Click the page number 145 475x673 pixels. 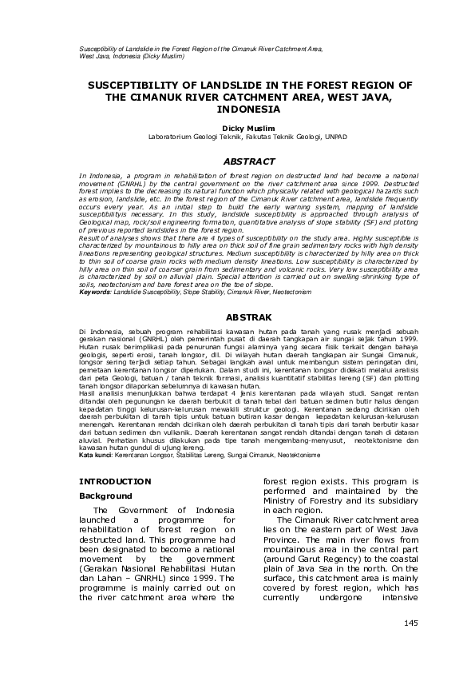coord(411,622)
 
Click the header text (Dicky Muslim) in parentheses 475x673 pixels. coord(164,57)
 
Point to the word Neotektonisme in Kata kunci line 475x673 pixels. coord(293,455)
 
